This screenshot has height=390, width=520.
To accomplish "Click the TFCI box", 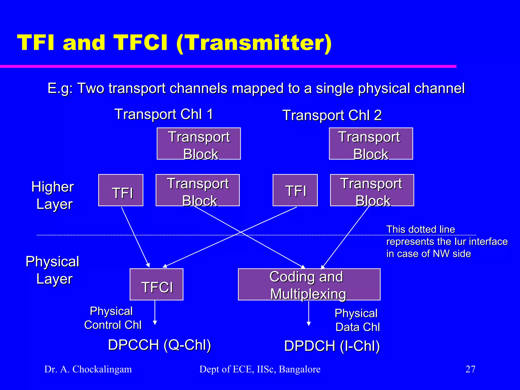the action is tap(156, 284).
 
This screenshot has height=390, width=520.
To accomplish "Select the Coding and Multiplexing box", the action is tap(309, 284).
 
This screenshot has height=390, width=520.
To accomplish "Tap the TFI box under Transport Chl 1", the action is tap(121, 190).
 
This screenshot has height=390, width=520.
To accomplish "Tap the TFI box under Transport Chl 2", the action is tap(295, 190).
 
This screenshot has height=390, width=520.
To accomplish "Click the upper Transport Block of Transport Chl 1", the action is tap(199, 144).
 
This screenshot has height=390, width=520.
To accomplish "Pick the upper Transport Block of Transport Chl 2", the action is tap(371, 144).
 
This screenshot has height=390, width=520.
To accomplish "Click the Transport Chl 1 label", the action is tap(164, 114).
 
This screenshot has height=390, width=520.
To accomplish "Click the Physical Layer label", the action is tap(53, 270).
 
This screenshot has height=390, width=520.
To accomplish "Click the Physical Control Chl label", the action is tap(112, 318).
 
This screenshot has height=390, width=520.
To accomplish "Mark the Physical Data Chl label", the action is tap(357, 320).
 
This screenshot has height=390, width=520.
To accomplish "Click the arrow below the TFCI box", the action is tap(155, 314).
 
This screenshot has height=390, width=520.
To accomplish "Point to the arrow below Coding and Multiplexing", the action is tap(308, 314).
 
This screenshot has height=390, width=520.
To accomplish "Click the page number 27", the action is tap(470, 369).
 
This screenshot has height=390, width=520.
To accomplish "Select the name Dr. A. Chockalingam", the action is tap(88, 369).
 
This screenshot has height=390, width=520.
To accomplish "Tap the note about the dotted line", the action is tap(446, 241).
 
